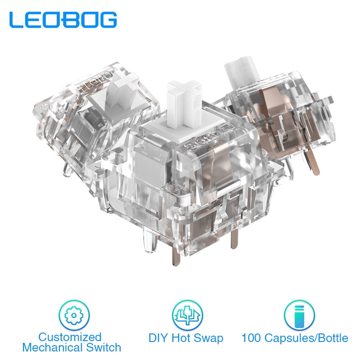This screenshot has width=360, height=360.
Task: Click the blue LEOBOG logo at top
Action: [x=63, y=20]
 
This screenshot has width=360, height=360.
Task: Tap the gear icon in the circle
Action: [x=74, y=315]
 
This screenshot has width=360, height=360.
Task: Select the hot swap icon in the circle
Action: [x=187, y=315]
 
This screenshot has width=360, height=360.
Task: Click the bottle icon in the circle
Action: [x=299, y=315]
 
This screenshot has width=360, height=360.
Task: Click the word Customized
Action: [x=70, y=337]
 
